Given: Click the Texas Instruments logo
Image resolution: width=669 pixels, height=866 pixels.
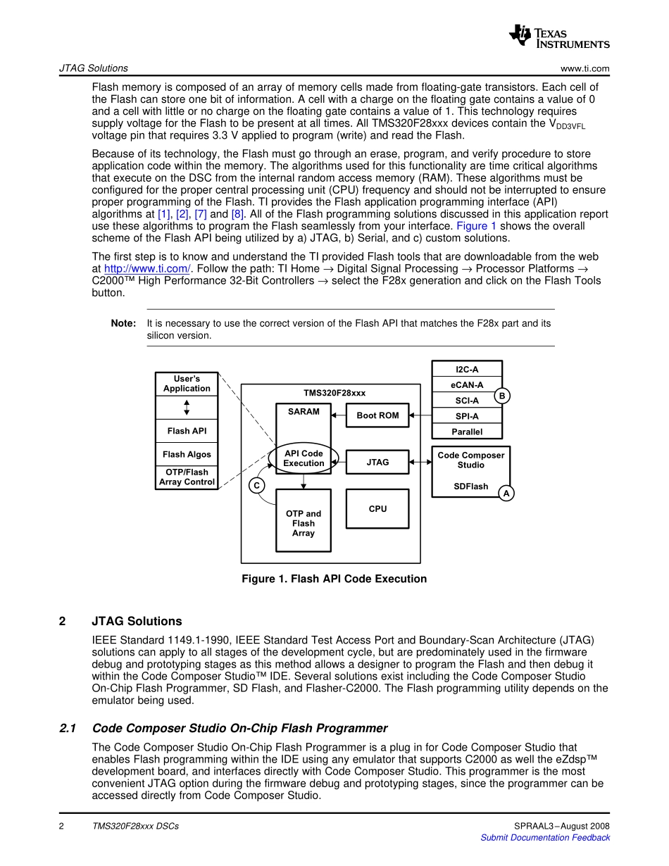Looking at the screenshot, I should (559, 36).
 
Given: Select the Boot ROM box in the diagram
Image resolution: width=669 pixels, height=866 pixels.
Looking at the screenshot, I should (377, 415).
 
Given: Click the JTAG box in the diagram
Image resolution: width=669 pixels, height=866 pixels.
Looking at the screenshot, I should (377, 462).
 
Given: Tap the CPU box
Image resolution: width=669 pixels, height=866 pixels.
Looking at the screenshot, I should (377, 508).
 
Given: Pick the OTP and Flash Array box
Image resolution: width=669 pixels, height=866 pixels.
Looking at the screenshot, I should (304, 523).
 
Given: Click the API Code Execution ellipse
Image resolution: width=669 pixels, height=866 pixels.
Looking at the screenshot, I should (304, 458).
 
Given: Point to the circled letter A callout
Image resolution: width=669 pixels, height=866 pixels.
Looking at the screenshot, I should (506, 494).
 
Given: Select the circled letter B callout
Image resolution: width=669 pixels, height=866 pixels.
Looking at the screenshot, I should (501, 396).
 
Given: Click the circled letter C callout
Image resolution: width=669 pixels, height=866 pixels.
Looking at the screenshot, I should (257, 485).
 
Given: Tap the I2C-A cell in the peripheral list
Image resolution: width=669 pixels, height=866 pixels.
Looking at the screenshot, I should (466, 369).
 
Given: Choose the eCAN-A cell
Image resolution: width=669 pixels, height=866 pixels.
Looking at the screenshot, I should (466, 385).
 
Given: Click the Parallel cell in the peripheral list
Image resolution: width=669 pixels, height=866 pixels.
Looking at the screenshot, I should (466, 432).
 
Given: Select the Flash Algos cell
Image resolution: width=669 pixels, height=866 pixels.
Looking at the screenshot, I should (187, 454).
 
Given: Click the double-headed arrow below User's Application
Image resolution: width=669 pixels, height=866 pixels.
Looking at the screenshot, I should (187, 408).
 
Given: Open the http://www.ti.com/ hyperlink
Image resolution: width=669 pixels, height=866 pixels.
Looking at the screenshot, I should (148, 268).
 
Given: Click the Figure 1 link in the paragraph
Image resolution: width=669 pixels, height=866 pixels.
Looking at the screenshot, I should (477, 226).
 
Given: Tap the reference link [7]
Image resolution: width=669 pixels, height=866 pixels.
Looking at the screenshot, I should (200, 214).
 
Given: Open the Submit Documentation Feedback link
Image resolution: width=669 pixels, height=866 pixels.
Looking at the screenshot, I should (545, 837).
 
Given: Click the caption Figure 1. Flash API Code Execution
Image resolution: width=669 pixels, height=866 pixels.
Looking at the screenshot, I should (334, 579).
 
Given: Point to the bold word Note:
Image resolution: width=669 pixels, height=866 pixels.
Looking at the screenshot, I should (123, 323).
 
